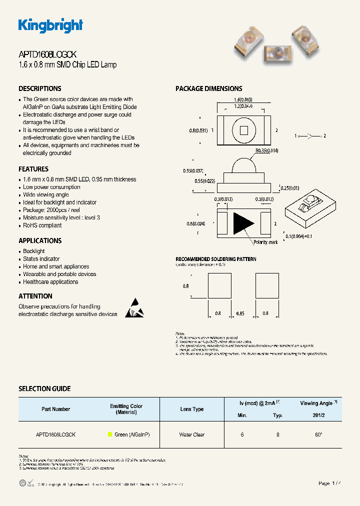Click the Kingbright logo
[x=50, y=25]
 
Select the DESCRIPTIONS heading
[x=40, y=88]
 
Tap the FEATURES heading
[x=33, y=169]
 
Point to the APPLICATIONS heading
[x=40, y=240]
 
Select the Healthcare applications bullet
[x=50, y=282]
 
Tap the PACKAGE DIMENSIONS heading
[x=208, y=88]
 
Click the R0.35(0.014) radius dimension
[x=266, y=150]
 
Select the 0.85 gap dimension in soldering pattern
[x=240, y=313]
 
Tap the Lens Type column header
[x=192, y=409]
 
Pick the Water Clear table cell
[x=192, y=435]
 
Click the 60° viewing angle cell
[x=318, y=435]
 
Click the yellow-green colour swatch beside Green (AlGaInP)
[x=110, y=435]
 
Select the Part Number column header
[x=55, y=409]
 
